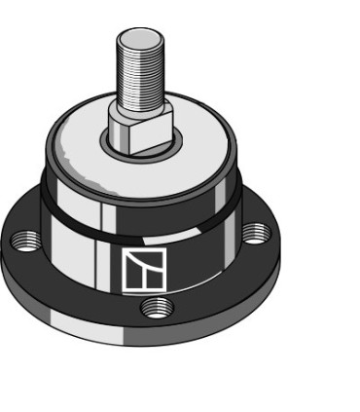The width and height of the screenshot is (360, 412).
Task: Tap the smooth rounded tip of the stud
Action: coord(136,37)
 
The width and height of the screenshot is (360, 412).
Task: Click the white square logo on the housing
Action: coord(144,270)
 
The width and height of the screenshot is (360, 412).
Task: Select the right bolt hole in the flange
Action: coord(254,234)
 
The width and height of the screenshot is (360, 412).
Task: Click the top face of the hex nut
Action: coord(142,120)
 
